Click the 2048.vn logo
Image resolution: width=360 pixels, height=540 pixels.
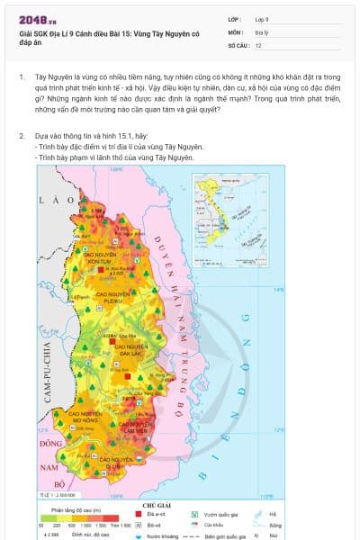pyautogui.click(x=37, y=19)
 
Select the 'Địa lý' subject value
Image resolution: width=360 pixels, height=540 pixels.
pyautogui.click(x=262, y=31)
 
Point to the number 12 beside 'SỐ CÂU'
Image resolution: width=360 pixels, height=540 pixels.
pyautogui.click(x=259, y=44)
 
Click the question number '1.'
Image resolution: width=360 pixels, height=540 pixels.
pyautogui.click(x=22, y=78)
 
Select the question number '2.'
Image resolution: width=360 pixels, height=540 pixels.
pyautogui.click(x=22, y=137)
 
